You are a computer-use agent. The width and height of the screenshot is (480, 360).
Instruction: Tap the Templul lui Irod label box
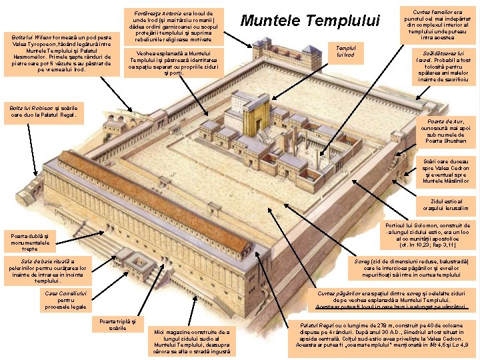point(346,51)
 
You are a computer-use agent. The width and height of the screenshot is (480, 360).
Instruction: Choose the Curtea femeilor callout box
point(439,25)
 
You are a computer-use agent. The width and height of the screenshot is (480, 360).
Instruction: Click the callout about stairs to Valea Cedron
point(446,171)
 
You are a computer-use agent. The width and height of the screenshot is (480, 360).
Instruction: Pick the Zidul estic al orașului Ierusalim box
point(446,204)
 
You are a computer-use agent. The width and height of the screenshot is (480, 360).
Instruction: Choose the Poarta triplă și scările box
point(117,324)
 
